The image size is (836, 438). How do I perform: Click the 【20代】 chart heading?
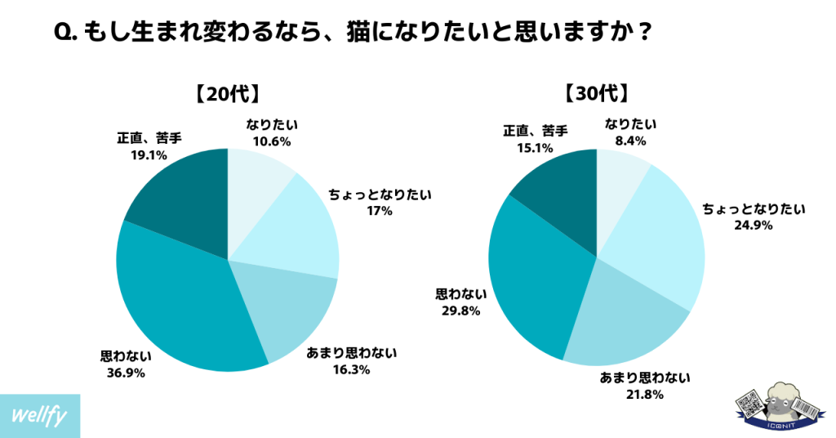(x=227, y=93)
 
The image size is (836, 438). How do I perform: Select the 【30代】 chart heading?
(x=596, y=93)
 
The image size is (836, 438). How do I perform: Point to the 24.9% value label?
(x=754, y=225)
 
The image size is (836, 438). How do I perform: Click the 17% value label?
(x=379, y=211)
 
